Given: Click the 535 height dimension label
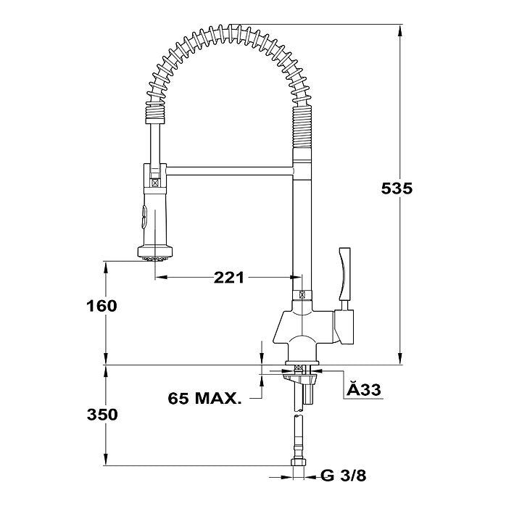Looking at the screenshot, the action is (397, 188).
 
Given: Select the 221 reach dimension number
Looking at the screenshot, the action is (229, 278).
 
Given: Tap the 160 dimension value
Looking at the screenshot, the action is (101, 306).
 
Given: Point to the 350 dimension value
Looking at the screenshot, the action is (102, 415).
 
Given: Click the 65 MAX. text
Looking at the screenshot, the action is (204, 398).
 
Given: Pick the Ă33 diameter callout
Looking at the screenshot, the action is (364, 389).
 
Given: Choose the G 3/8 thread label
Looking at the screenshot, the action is (343, 476).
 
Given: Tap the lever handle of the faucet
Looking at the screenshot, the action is (345, 274).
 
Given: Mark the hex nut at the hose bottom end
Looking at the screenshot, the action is (298, 462).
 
